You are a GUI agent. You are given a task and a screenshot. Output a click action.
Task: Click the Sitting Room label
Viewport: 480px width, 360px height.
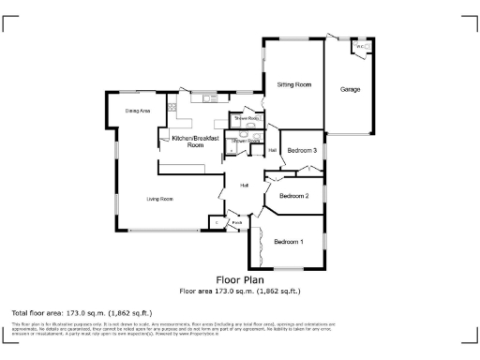tap(293, 85)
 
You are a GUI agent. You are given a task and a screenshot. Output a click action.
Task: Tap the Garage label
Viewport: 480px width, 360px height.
tap(350, 89)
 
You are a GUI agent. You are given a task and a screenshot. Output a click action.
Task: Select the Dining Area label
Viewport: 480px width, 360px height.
tap(138, 111)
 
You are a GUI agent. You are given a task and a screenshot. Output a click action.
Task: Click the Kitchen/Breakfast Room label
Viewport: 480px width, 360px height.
tap(195, 142)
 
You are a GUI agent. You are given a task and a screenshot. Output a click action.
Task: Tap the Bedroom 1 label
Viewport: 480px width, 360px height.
tap(289, 242)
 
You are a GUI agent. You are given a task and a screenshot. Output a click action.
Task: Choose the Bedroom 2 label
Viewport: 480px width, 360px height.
tap(293, 196)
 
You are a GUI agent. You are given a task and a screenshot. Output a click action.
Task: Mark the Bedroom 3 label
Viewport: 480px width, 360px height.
tap(302, 150)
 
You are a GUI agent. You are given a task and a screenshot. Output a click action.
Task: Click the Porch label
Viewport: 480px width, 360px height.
tap(236, 222)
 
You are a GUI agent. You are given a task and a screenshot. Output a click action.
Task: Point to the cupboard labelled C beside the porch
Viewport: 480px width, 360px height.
tap(216, 222)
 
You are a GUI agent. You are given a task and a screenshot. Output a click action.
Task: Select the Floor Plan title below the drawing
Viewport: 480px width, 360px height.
tap(239, 279)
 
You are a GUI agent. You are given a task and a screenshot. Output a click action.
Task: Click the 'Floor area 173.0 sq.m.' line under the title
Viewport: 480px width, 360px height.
tap(239, 292)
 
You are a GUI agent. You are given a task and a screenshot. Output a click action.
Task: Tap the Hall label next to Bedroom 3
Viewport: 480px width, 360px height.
tap(273, 150)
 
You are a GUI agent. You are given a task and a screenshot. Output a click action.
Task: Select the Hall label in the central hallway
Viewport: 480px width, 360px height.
tap(244, 185)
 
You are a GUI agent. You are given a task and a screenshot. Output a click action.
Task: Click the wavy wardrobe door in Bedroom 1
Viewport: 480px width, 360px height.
tap(257, 242)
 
